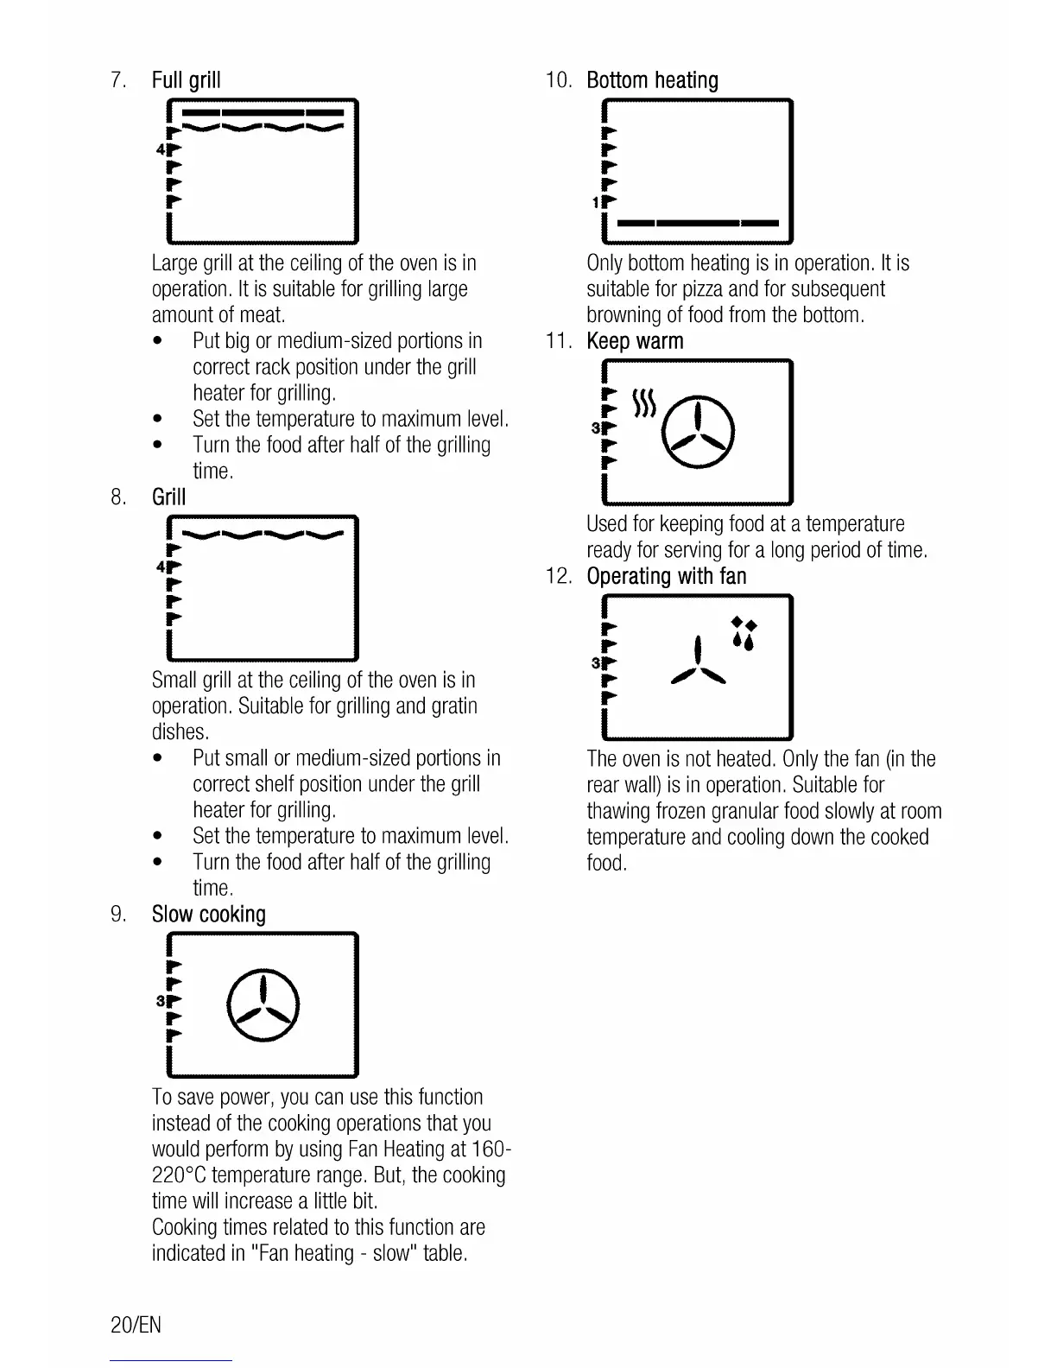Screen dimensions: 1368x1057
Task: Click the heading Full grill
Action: tap(186, 80)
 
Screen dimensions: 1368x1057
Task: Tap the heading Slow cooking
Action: tap(208, 915)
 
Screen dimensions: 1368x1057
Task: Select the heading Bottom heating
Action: tap(652, 80)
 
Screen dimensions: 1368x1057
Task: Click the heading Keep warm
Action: tap(635, 341)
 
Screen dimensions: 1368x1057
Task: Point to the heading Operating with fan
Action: tap(666, 576)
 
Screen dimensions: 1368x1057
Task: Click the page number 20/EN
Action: tap(136, 1325)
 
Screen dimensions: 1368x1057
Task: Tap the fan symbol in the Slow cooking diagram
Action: tap(263, 1006)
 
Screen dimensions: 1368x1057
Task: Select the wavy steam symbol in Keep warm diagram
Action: tap(645, 402)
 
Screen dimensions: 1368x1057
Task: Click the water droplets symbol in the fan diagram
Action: tap(744, 634)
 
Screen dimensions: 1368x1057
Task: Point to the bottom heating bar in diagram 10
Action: tap(699, 224)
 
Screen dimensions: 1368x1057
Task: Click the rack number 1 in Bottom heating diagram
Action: tap(596, 203)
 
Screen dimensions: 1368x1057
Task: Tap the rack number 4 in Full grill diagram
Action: tap(160, 149)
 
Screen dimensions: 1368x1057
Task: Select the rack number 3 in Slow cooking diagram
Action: tap(160, 1001)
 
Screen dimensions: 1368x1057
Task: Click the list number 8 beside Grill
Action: tap(118, 497)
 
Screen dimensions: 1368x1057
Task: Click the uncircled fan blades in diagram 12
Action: tap(699, 664)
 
